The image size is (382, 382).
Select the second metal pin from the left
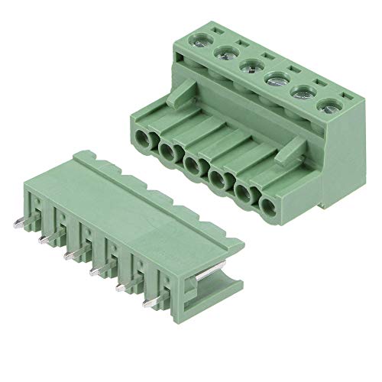46,240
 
